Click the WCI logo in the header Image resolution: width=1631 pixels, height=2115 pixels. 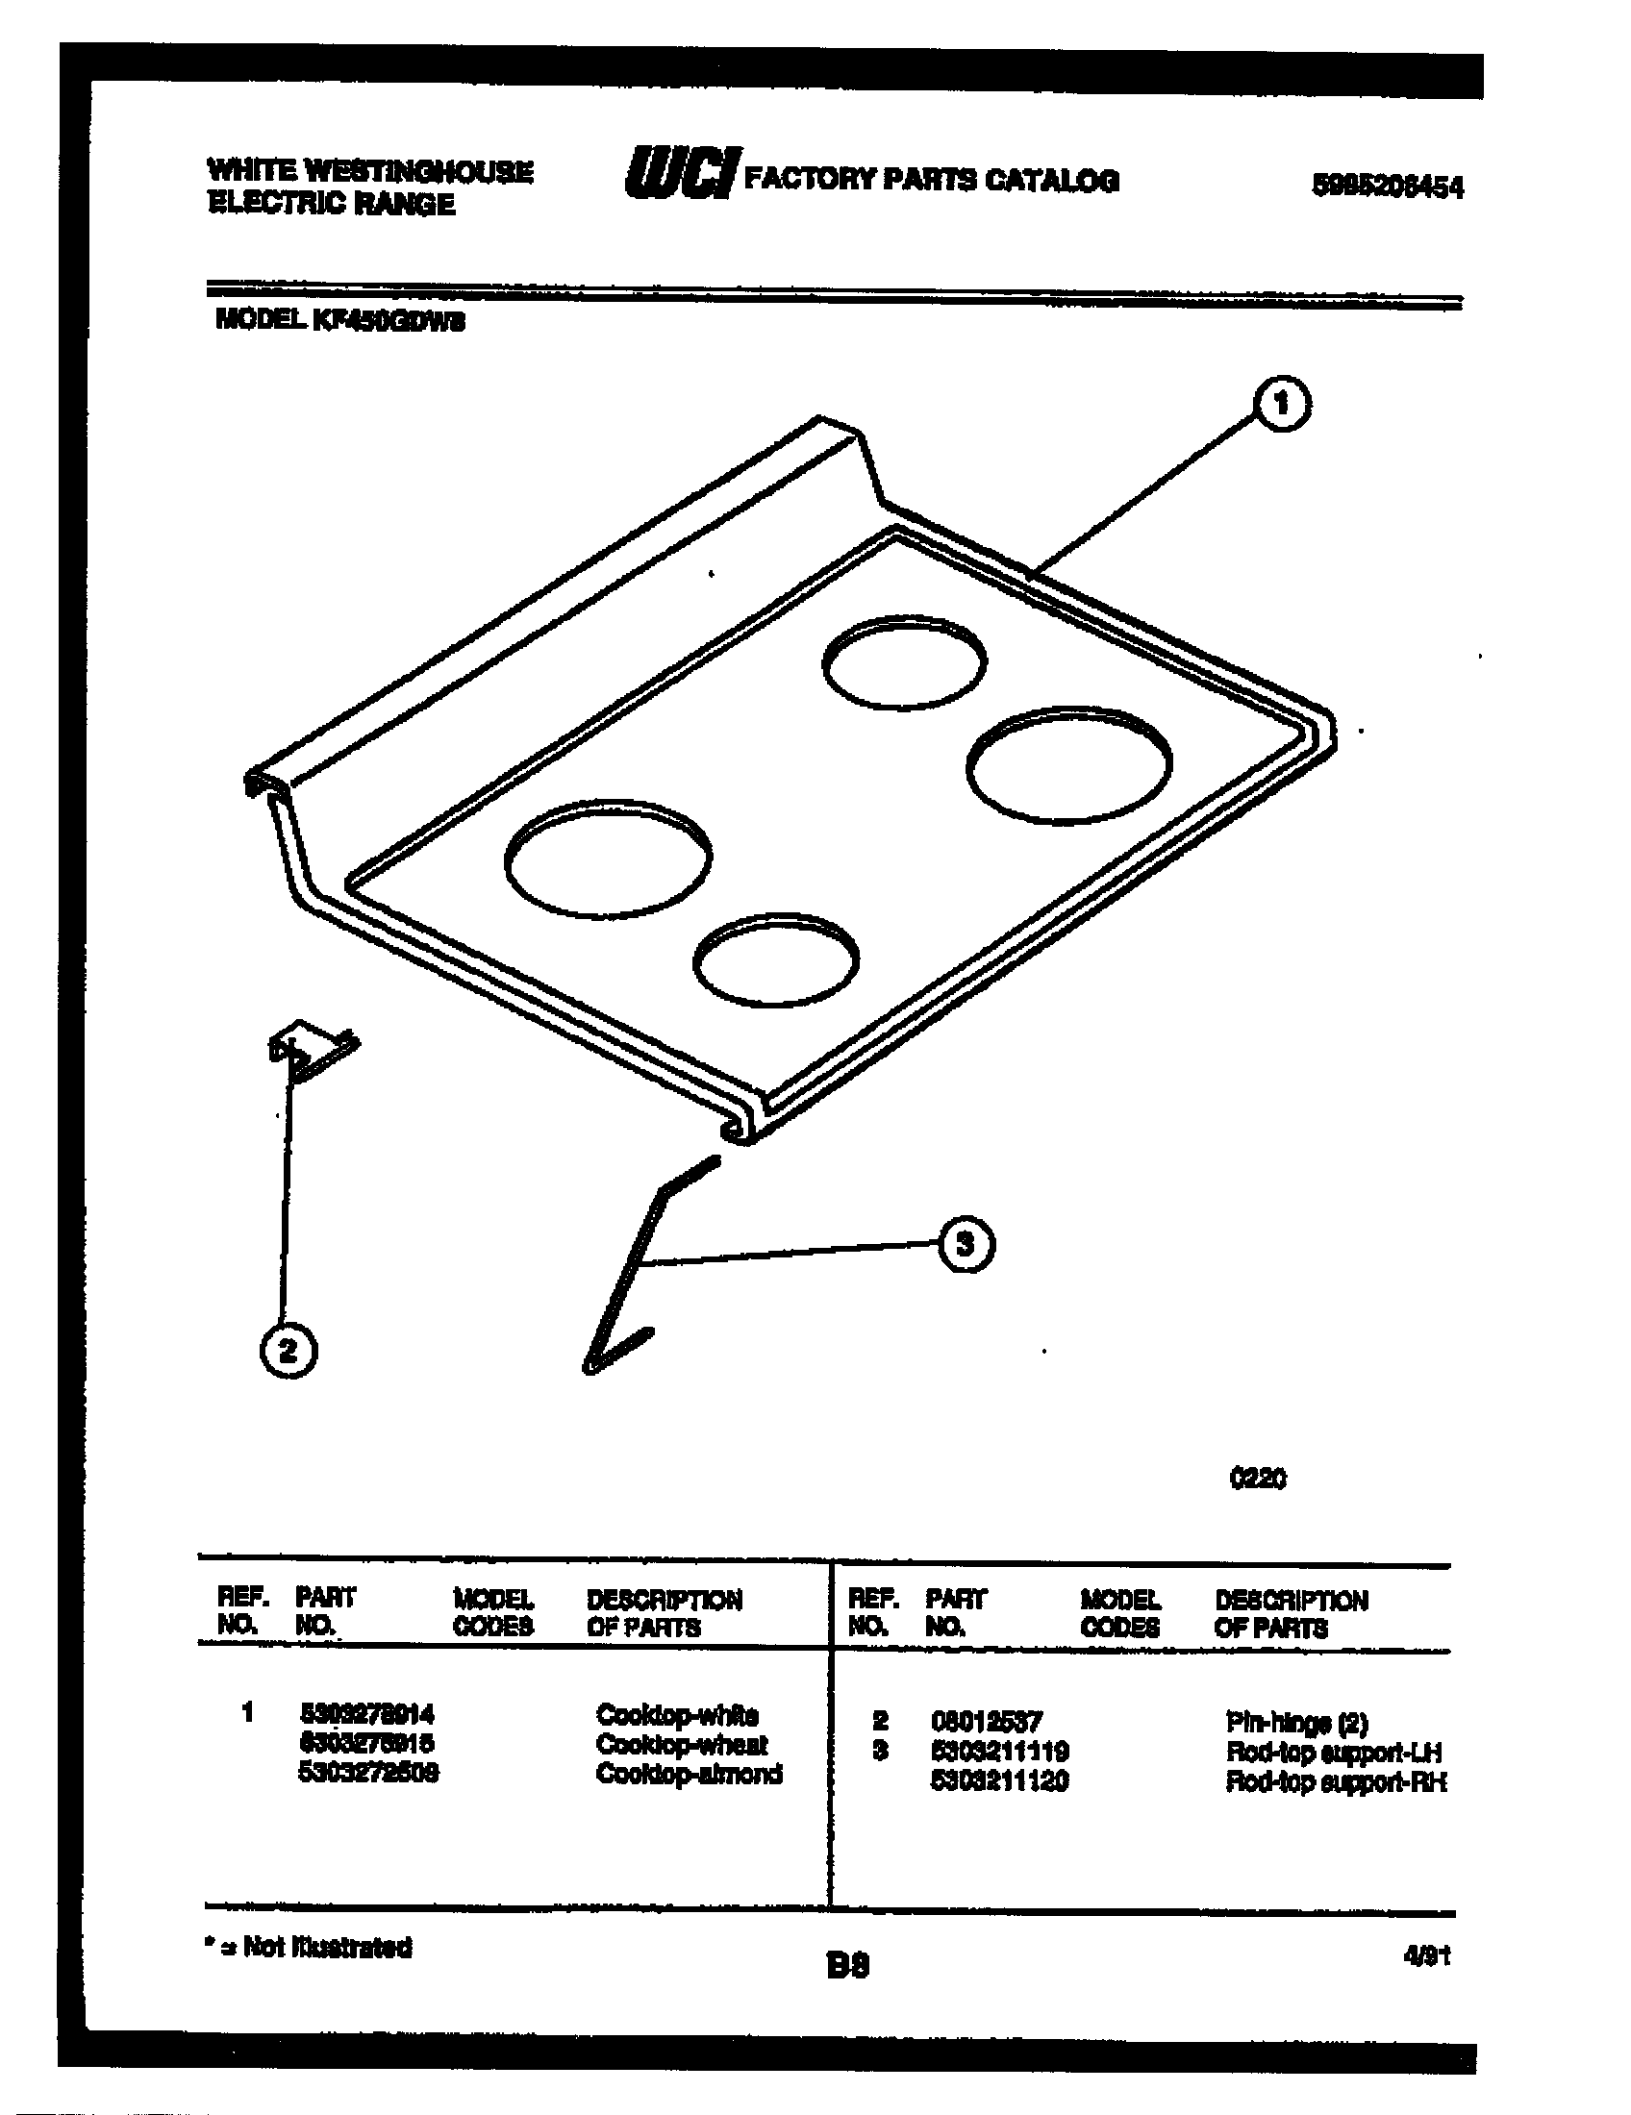(682, 174)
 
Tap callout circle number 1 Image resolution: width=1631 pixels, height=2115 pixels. (1281, 404)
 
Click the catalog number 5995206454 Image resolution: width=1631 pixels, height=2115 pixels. (1387, 186)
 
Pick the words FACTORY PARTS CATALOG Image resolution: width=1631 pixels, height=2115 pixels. (931, 179)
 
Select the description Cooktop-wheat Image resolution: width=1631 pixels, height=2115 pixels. (682, 1744)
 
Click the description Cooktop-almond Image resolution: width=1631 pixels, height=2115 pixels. (689, 1773)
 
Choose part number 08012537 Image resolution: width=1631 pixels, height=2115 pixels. (986, 1721)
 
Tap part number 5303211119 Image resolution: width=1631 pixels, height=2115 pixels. (999, 1751)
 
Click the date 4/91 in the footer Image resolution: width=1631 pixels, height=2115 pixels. (1425, 1956)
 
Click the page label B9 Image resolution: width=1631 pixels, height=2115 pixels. (847, 1965)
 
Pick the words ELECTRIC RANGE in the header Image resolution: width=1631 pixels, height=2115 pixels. (332, 205)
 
